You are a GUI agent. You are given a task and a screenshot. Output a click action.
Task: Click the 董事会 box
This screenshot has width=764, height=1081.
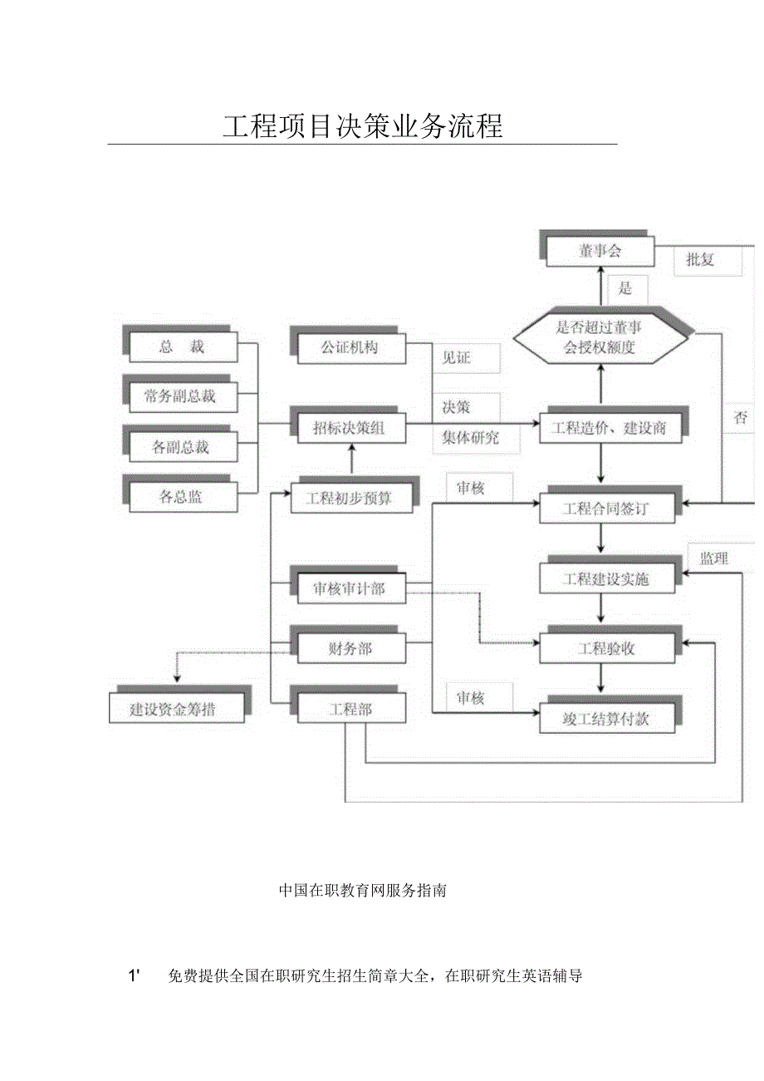(x=600, y=251)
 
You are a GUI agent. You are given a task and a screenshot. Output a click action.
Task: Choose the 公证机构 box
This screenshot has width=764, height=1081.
(x=350, y=347)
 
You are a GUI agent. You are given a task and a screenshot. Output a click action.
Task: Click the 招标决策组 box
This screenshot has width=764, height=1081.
(x=350, y=428)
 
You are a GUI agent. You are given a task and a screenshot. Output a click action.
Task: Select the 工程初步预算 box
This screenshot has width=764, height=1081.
(x=350, y=499)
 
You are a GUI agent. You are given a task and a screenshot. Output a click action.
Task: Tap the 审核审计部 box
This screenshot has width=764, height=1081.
(x=350, y=588)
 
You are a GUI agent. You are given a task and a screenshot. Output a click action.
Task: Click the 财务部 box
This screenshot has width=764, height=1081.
(x=350, y=649)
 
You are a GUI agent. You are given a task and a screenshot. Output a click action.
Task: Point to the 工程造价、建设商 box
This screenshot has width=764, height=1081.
(x=608, y=429)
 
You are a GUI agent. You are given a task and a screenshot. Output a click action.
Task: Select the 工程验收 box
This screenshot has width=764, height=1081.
(x=606, y=649)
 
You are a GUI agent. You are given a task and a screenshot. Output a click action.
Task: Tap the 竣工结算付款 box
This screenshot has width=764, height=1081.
(x=606, y=720)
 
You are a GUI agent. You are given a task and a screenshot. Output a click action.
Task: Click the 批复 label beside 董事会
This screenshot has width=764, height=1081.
(x=700, y=259)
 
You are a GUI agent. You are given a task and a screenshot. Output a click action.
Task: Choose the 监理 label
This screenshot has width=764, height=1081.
(x=713, y=558)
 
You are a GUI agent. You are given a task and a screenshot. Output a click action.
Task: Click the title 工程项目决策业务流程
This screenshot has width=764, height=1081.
(x=363, y=126)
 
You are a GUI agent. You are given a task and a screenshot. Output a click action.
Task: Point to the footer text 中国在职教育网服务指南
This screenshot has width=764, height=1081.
(x=363, y=890)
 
